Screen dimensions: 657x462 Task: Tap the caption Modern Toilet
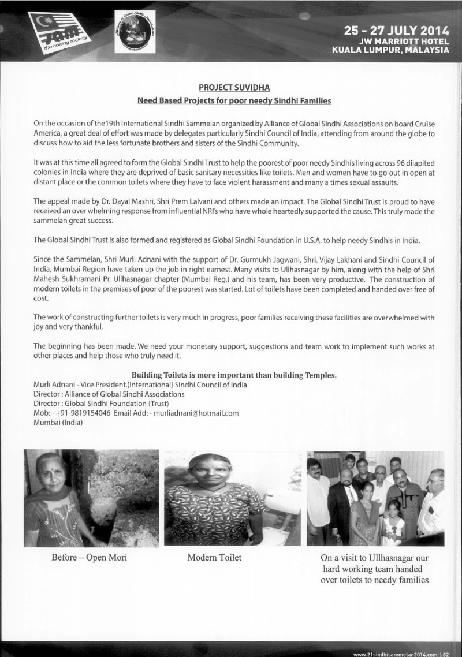tap(214, 558)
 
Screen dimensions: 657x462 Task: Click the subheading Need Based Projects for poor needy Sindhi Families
tap(233, 101)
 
